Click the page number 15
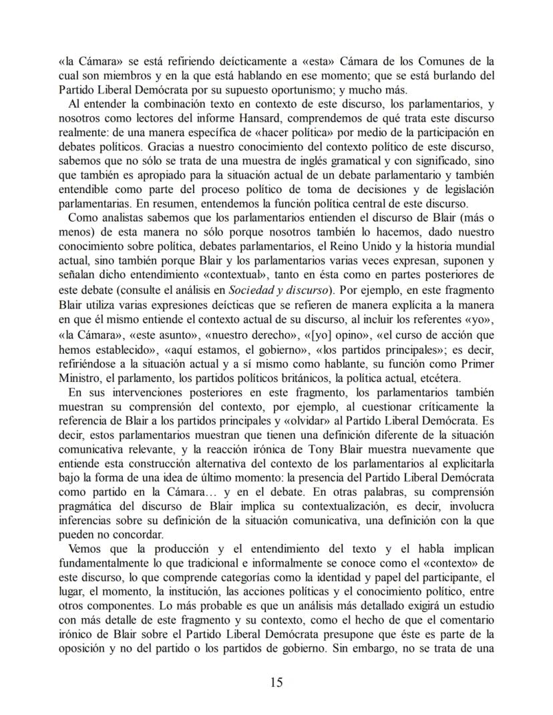(276, 682)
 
